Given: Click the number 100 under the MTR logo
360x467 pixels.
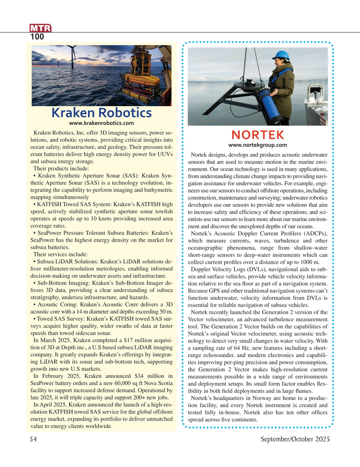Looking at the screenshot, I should tap(38, 37).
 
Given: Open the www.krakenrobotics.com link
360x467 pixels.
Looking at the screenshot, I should tap(101, 123).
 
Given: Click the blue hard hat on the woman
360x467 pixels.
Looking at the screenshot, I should tap(282, 55).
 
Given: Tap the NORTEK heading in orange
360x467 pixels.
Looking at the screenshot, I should tap(258, 135).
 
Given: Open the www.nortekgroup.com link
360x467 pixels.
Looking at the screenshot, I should tap(258, 145).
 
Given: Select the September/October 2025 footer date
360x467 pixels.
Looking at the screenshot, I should tap(295, 439).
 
